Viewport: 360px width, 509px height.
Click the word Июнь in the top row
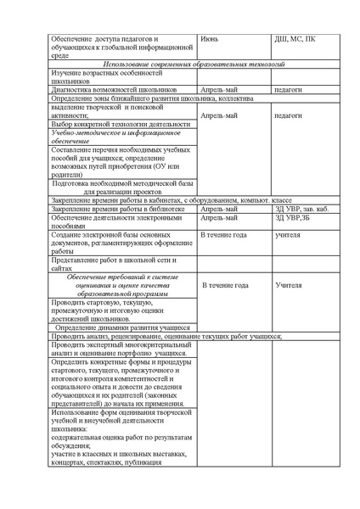click(210, 39)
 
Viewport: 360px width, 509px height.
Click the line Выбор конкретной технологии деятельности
click(109, 124)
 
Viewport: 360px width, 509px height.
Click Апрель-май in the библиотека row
click(219, 209)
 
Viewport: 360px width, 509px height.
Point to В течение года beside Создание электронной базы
click(223, 234)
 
